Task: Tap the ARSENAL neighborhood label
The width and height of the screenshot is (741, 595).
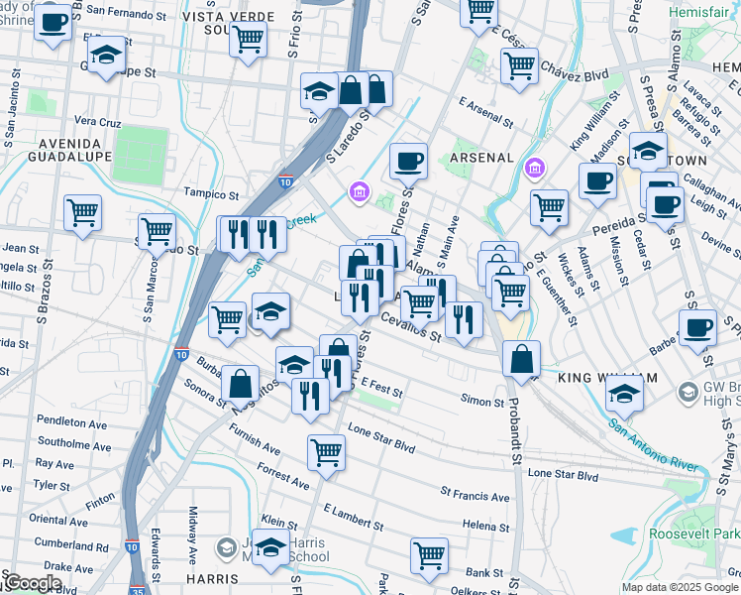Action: pyautogui.click(x=482, y=158)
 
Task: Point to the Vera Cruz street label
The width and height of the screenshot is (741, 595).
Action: pyautogui.click(x=97, y=122)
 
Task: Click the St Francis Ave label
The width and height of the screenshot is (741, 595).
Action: pyautogui.click(x=475, y=495)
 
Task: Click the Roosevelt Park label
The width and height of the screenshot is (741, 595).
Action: pyautogui.click(x=694, y=534)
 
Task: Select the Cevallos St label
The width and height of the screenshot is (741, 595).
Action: pyautogui.click(x=411, y=328)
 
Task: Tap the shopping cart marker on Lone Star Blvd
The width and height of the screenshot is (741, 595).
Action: pyautogui.click(x=326, y=452)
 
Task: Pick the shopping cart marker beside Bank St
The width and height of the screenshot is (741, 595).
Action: pyautogui.click(x=429, y=555)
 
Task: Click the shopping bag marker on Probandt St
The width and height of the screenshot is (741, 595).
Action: pyautogui.click(x=521, y=359)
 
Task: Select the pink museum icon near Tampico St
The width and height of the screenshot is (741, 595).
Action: pyautogui.click(x=358, y=190)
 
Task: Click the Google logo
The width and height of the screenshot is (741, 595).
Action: pyautogui.click(x=32, y=583)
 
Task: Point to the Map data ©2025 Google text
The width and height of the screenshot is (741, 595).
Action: pyautogui.click(x=679, y=587)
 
